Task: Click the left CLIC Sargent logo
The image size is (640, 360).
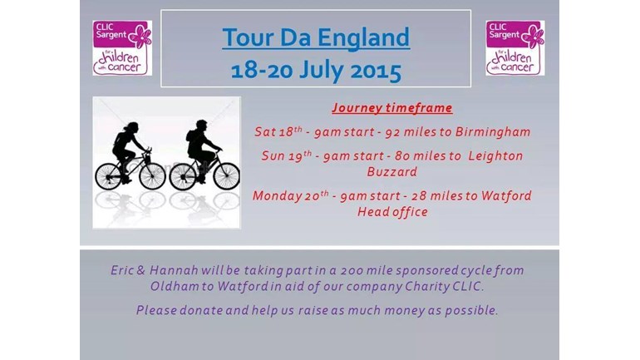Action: (x=122, y=47)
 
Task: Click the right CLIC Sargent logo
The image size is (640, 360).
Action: (x=515, y=47)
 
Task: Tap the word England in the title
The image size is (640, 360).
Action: (x=363, y=38)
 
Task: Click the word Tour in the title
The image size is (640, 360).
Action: (x=248, y=37)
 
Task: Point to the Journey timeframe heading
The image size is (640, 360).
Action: (x=391, y=108)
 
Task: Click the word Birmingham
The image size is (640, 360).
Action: (x=493, y=132)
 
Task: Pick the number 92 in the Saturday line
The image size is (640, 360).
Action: (x=392, y=132)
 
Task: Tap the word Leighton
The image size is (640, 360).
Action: (x=495, y=156)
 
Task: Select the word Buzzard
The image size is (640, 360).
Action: (x=391, y=172)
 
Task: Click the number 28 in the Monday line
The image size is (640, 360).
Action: (x=419, y=196)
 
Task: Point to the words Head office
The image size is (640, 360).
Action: (x=392, y=212)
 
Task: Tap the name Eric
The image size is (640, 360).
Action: (x=121, y=270)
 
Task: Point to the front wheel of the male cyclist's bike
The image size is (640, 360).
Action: (x=227, y=176)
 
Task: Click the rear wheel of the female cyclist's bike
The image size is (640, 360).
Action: (x=108, y=176)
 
